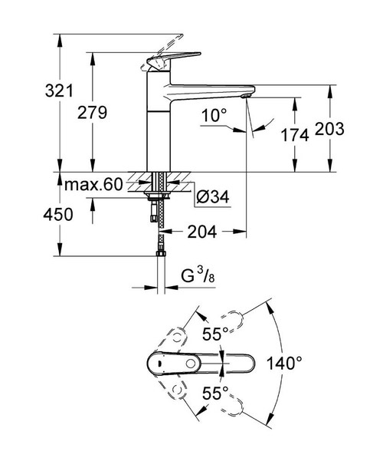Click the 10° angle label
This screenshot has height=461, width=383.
215,116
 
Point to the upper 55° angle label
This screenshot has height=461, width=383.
216,334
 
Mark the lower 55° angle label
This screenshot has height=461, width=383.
216,393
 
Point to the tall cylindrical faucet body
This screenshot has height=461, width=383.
159,123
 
